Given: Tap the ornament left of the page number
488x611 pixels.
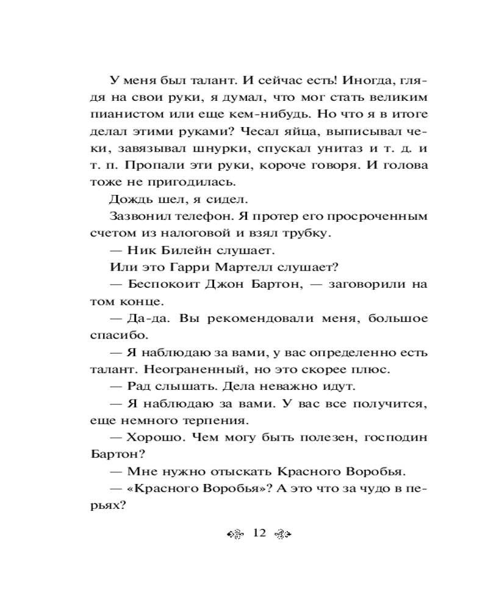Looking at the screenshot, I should click(x=235, y=534).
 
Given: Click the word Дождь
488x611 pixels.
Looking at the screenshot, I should click(x=129, y=199).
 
